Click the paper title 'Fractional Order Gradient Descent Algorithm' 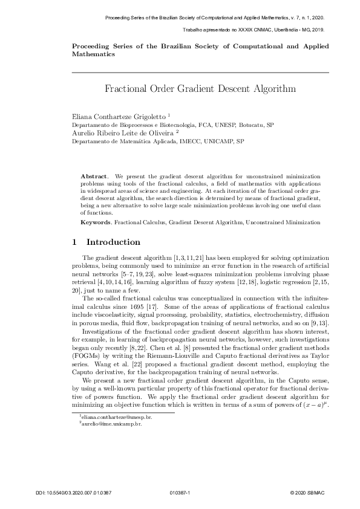tap(200, 89)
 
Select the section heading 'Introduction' tap(114, 242)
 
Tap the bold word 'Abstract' tap(94, 175)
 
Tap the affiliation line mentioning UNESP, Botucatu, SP tap(172, 124)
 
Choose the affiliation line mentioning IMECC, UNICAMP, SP tap(158, 142)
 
